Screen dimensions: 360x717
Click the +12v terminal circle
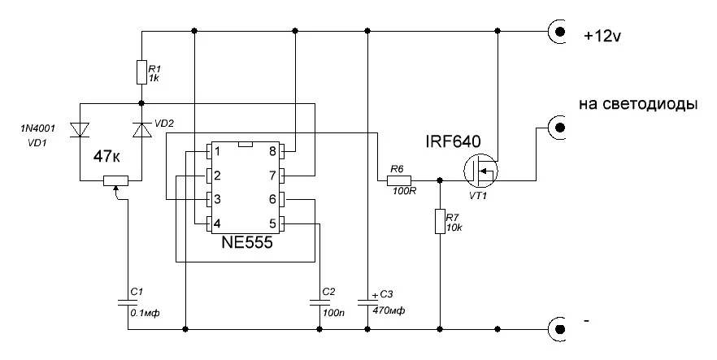(560, 33)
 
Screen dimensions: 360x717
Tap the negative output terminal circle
(560, 329)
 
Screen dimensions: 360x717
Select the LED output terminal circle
(560, 128)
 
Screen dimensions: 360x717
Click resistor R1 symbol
(141, 72)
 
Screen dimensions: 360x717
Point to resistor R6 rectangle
(397, 180)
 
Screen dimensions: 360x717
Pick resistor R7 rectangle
(440, 223)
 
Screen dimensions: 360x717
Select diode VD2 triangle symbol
(141, 129)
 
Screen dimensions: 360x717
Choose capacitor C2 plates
(319, 303)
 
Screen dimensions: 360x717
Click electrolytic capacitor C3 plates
(367, 303)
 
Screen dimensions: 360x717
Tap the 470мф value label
(389, 311)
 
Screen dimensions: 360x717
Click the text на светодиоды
(638, 105)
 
